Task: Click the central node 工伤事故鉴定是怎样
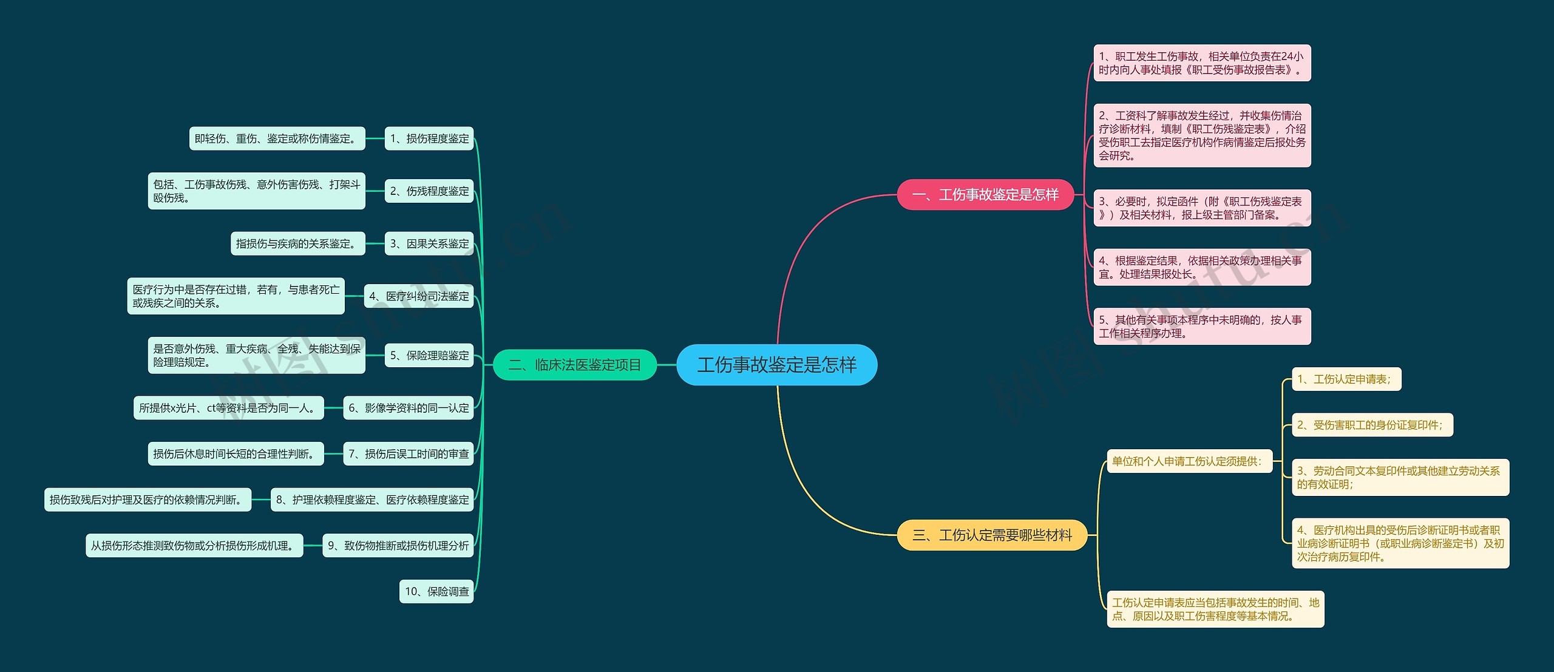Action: click(776, 365)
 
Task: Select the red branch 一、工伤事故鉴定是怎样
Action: click(985, 195)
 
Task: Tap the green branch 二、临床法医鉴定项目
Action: click(575, 365)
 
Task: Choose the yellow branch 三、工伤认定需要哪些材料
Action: click(992, 535)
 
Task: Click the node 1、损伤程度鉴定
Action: click(429, 138)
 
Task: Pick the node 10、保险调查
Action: click(436, 591)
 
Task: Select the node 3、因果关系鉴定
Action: click(429, 243)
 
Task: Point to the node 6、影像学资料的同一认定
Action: click(409, 408)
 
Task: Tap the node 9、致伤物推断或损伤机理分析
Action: click(398, 545)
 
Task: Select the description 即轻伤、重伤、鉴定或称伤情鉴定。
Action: click(277, 138)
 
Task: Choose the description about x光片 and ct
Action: click(229, 408)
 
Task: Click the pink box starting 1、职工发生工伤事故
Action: click(1202, 63)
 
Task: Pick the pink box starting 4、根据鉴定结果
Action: click(1202, 267)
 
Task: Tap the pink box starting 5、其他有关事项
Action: click(1202, 327)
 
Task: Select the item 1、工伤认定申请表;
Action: click(1346, 379)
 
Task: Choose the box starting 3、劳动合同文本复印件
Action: click(1400, 477)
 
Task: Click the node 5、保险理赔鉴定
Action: click(429, 355)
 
